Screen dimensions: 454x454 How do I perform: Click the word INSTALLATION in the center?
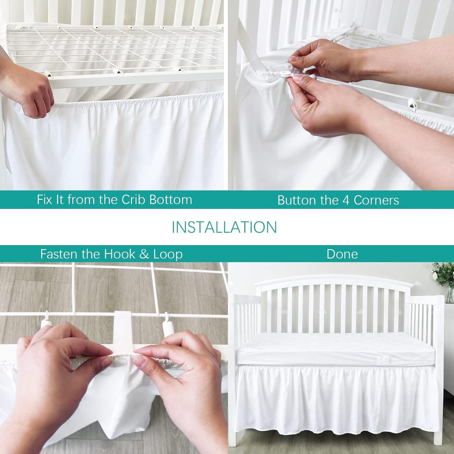pos(224,227)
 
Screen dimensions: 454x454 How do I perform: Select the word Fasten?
pos(59,254)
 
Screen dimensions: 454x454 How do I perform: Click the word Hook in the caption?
pos(120,254)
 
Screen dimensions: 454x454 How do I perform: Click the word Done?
pos(342,254)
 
